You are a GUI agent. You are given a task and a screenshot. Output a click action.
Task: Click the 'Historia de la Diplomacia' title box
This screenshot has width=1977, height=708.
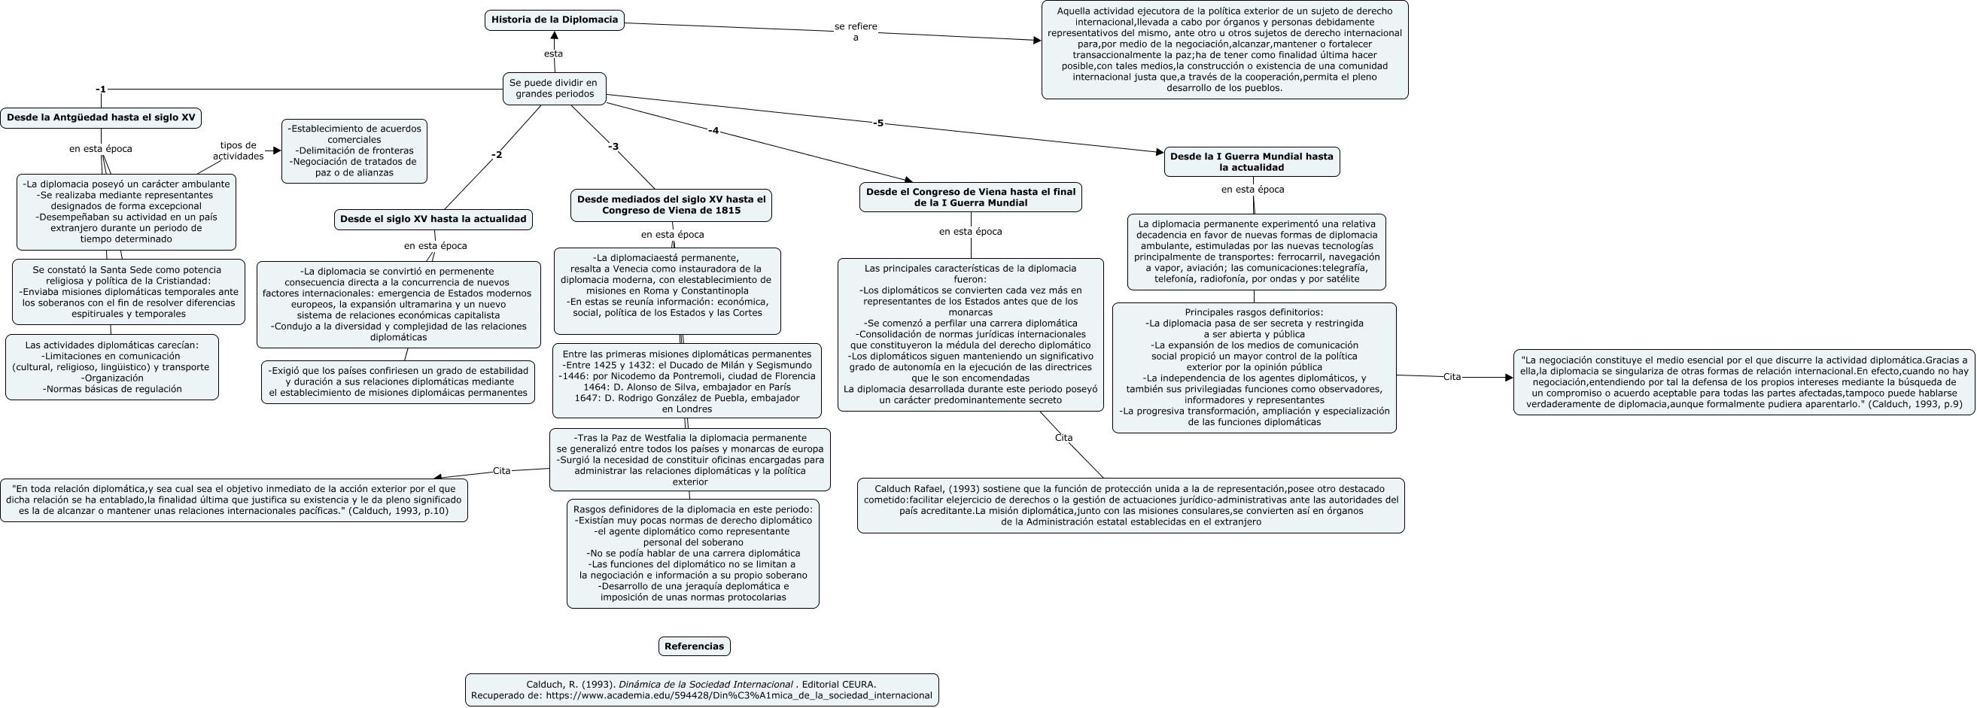point(554,20)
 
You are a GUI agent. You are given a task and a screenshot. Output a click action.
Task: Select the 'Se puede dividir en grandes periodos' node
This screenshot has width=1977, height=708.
point(554,88)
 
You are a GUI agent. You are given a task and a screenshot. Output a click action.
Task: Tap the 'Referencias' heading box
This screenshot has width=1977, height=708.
point(694,646)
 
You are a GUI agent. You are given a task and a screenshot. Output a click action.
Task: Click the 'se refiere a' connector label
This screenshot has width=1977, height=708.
point(856,32)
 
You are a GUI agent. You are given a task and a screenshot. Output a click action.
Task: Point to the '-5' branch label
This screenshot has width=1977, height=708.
point(878,123)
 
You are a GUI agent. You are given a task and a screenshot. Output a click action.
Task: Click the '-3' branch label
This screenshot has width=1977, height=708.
point(613,147)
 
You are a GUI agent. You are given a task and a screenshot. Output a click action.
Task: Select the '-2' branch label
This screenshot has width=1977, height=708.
point(497,155)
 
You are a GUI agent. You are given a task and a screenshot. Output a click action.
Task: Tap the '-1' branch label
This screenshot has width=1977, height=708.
point(101,90)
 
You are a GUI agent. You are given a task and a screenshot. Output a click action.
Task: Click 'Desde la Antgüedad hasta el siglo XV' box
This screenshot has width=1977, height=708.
point(101,118)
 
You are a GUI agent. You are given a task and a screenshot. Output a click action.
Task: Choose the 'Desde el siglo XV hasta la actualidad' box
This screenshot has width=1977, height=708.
point(433,220)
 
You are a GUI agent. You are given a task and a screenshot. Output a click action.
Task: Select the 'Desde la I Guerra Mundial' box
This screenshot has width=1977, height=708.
point(1251,162)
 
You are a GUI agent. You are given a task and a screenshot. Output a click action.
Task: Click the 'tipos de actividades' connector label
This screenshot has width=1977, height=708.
point(238,150)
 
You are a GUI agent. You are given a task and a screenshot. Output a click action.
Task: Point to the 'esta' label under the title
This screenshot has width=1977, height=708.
point(553,53)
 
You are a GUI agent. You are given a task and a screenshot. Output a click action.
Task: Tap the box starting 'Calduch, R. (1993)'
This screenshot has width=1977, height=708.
point(701,690)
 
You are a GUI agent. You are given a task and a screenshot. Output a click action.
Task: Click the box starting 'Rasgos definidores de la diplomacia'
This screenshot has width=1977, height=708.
point(692,553)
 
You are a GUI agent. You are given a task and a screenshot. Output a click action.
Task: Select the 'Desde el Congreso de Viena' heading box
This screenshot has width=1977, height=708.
point(970,197)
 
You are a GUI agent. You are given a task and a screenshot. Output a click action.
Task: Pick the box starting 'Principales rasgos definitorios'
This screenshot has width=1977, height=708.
point(1253,367)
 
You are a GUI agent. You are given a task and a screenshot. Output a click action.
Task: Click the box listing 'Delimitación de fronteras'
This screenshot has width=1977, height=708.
point(354,150)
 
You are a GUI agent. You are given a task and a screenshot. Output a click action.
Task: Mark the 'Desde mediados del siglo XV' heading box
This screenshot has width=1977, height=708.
point(671,205)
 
